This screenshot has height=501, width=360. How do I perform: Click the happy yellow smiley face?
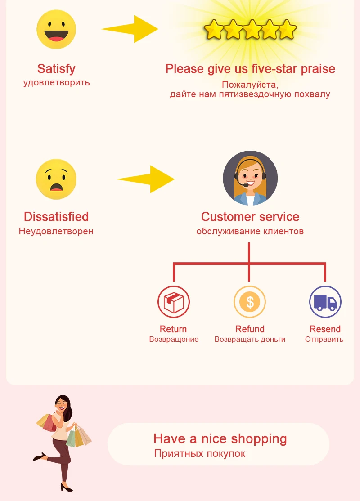click(x=56, y=29)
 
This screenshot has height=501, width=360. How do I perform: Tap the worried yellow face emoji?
click(x=56, y=179)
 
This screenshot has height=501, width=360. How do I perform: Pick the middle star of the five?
click(x=250, y=30)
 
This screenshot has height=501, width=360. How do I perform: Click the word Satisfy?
click(x=56, y=69)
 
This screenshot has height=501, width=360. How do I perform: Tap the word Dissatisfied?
click(x=56, y=217)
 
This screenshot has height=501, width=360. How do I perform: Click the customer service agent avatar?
click(x=250, y=178)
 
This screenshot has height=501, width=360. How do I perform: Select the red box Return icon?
click(x=174, y=302)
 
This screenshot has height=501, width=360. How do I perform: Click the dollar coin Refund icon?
click(x=250, y=302)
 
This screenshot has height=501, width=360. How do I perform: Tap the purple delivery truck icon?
click(x=325, y=302)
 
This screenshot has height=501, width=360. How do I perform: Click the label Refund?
click(x=250, y=329)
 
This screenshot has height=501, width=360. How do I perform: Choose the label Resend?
click(x=325, y=329)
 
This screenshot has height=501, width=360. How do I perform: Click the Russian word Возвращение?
click(x=174, y=340)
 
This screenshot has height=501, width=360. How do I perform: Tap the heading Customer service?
click(x=250, y=217)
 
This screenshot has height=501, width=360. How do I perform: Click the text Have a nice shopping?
click(x=220, y=438)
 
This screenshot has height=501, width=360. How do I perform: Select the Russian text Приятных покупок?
click(x=200, y=453)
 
